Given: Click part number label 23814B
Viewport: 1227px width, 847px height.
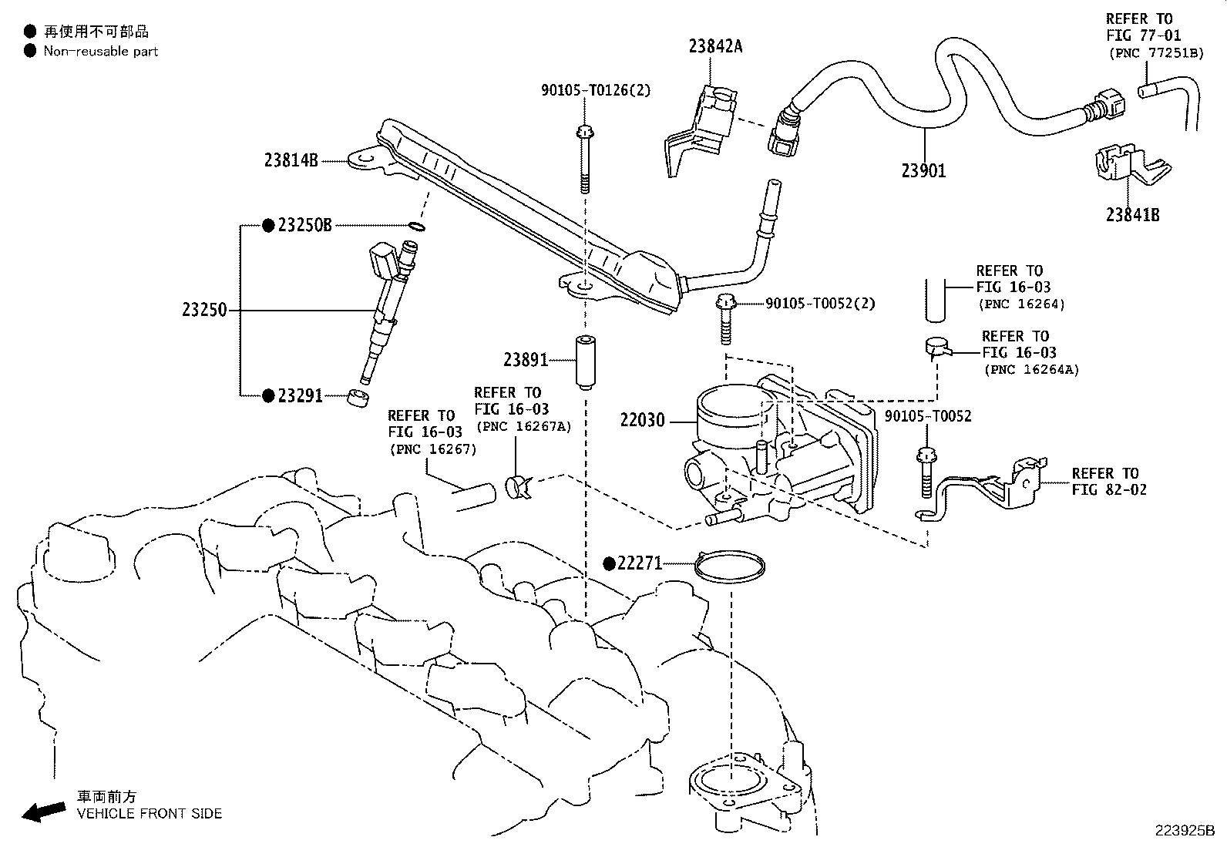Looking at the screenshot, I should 291,160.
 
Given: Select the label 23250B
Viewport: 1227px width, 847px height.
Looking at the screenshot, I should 304,225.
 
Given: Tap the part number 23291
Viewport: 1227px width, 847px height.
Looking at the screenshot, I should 300,395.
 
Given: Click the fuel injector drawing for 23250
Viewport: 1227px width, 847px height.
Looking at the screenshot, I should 385,308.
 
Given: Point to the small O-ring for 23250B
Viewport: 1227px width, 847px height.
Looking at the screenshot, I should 416,227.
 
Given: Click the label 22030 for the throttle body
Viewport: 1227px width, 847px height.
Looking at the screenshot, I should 642,422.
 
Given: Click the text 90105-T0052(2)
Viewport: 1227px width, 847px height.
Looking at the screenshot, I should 820,304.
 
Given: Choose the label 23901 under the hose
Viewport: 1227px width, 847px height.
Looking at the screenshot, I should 923,170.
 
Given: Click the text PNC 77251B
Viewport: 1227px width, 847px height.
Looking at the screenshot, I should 1155,52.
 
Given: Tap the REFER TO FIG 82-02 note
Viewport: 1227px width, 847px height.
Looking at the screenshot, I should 1108,481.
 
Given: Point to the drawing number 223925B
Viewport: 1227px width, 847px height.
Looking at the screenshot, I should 1184,831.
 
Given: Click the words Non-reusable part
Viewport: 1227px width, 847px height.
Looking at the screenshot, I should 100,52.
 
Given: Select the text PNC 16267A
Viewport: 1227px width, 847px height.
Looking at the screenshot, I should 523,426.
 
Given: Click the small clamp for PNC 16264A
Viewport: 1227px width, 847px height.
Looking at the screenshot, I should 937,348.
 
